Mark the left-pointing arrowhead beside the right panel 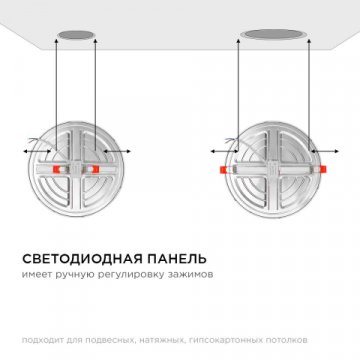pyautogui.click(x=211, y=147)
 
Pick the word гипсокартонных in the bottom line pyautogui.click(x=226, y=336)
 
